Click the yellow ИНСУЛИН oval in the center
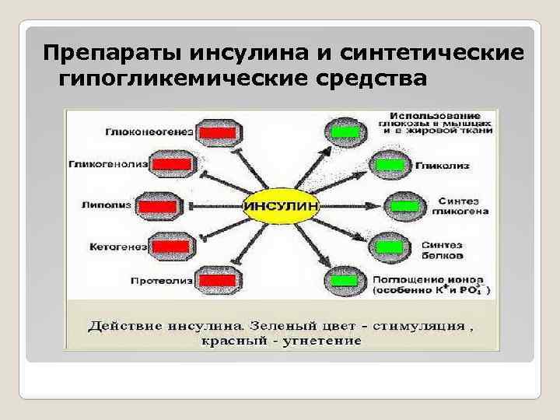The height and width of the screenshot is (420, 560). (282, 207)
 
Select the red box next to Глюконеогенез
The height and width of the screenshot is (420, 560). (217, 133)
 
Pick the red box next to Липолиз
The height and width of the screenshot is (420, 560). (159, 206)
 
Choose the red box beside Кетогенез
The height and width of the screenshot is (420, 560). (172, 247)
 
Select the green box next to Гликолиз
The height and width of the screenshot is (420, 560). (390, 165)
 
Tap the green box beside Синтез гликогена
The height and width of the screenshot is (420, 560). (404, 206)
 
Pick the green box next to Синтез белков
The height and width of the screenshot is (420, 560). (390, 247)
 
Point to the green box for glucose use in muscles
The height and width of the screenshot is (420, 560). (345, 131)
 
